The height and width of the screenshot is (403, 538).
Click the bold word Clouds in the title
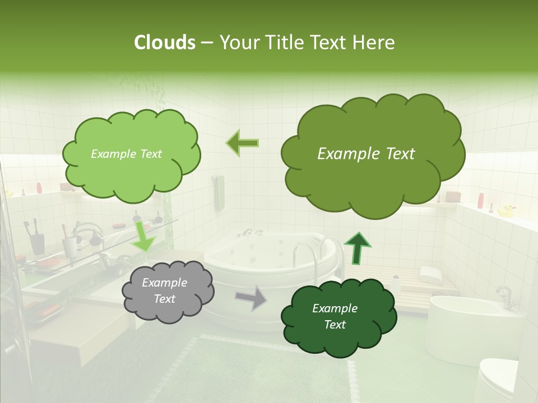(164, 43)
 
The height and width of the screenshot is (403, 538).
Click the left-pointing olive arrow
(243, 143)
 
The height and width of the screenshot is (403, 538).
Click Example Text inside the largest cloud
(366, 154)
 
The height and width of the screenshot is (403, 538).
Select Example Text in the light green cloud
(126, 154)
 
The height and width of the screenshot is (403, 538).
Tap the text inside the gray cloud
(164, 290)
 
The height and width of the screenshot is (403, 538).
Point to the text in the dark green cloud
(335, 316)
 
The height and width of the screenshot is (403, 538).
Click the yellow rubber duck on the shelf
(506, 210)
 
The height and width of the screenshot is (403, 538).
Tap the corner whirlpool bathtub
(263, 263)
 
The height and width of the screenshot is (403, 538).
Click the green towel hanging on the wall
(219, 193)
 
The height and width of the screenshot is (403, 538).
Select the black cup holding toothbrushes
(38, 243)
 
